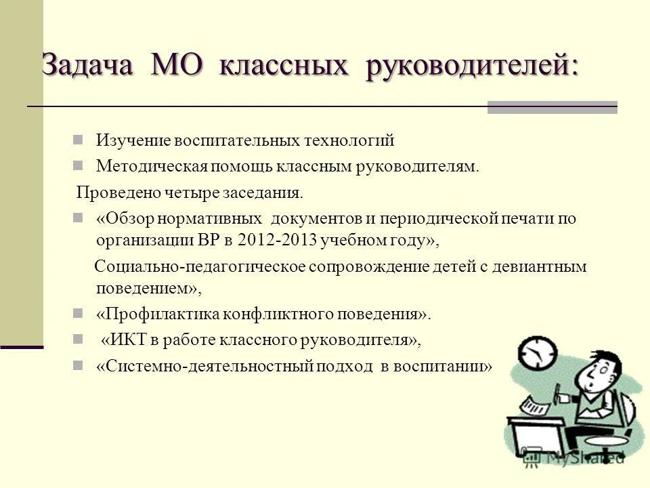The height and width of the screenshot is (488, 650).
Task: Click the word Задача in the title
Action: tap(88, 66)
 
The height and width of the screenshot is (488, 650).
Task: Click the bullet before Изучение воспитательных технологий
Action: tap(78, 140)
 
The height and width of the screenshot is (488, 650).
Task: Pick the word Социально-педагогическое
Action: tap(200, 266)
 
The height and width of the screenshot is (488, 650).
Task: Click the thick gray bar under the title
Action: tap(552, 107)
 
